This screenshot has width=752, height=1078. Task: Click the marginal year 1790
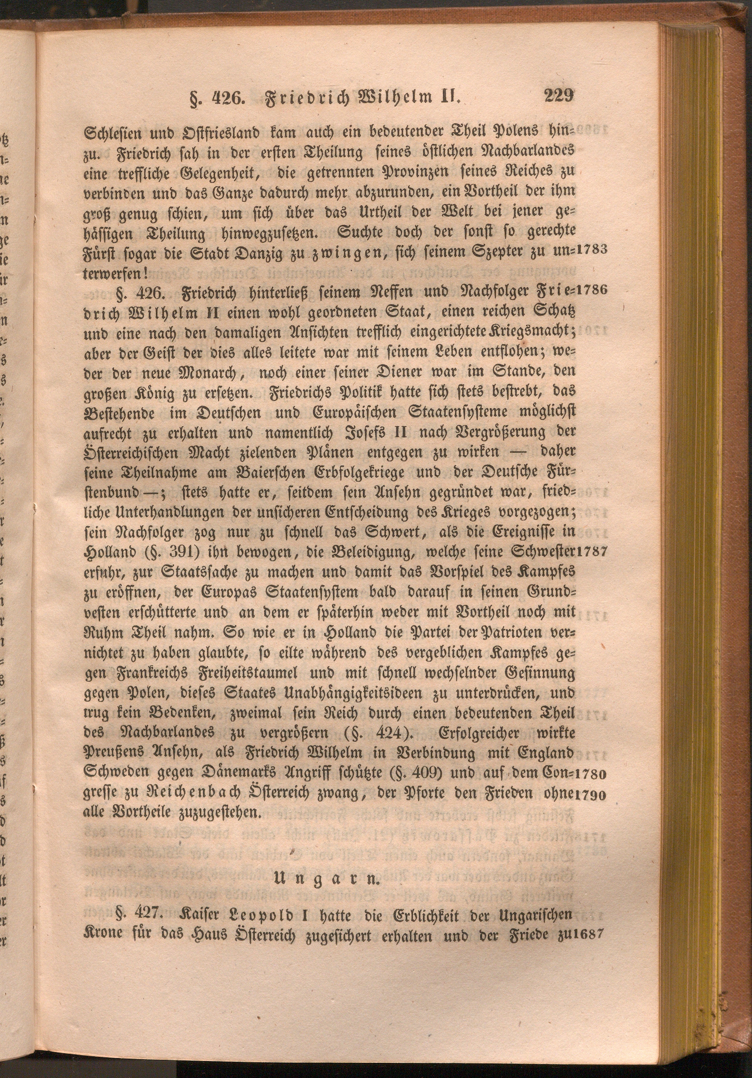[590, 793]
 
